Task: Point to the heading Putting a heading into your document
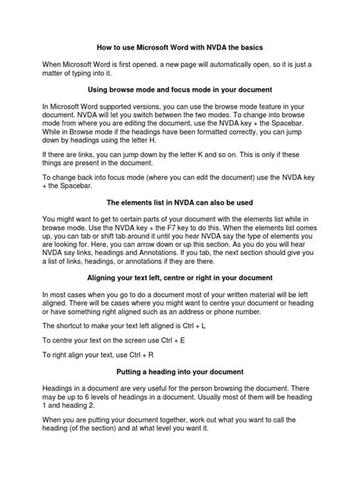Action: (180, 373)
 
